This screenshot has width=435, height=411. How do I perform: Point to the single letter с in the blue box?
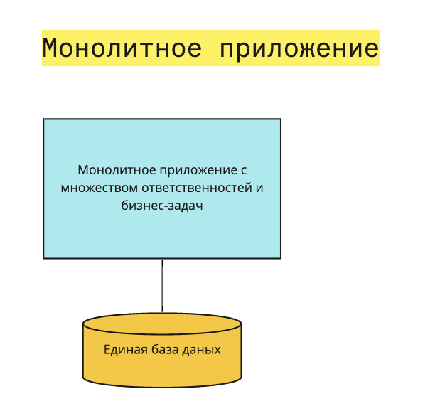point(242,171)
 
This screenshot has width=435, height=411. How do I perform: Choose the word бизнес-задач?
point(162,206)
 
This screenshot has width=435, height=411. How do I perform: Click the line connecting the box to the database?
point(162,284)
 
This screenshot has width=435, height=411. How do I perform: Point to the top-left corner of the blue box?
point(44,119)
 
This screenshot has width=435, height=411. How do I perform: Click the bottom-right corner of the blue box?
point(280,257)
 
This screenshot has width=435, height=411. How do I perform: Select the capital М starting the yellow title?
point(50,48)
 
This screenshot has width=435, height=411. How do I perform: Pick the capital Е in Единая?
point(107,350)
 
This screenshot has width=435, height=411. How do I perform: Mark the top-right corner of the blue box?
point(280,119)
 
